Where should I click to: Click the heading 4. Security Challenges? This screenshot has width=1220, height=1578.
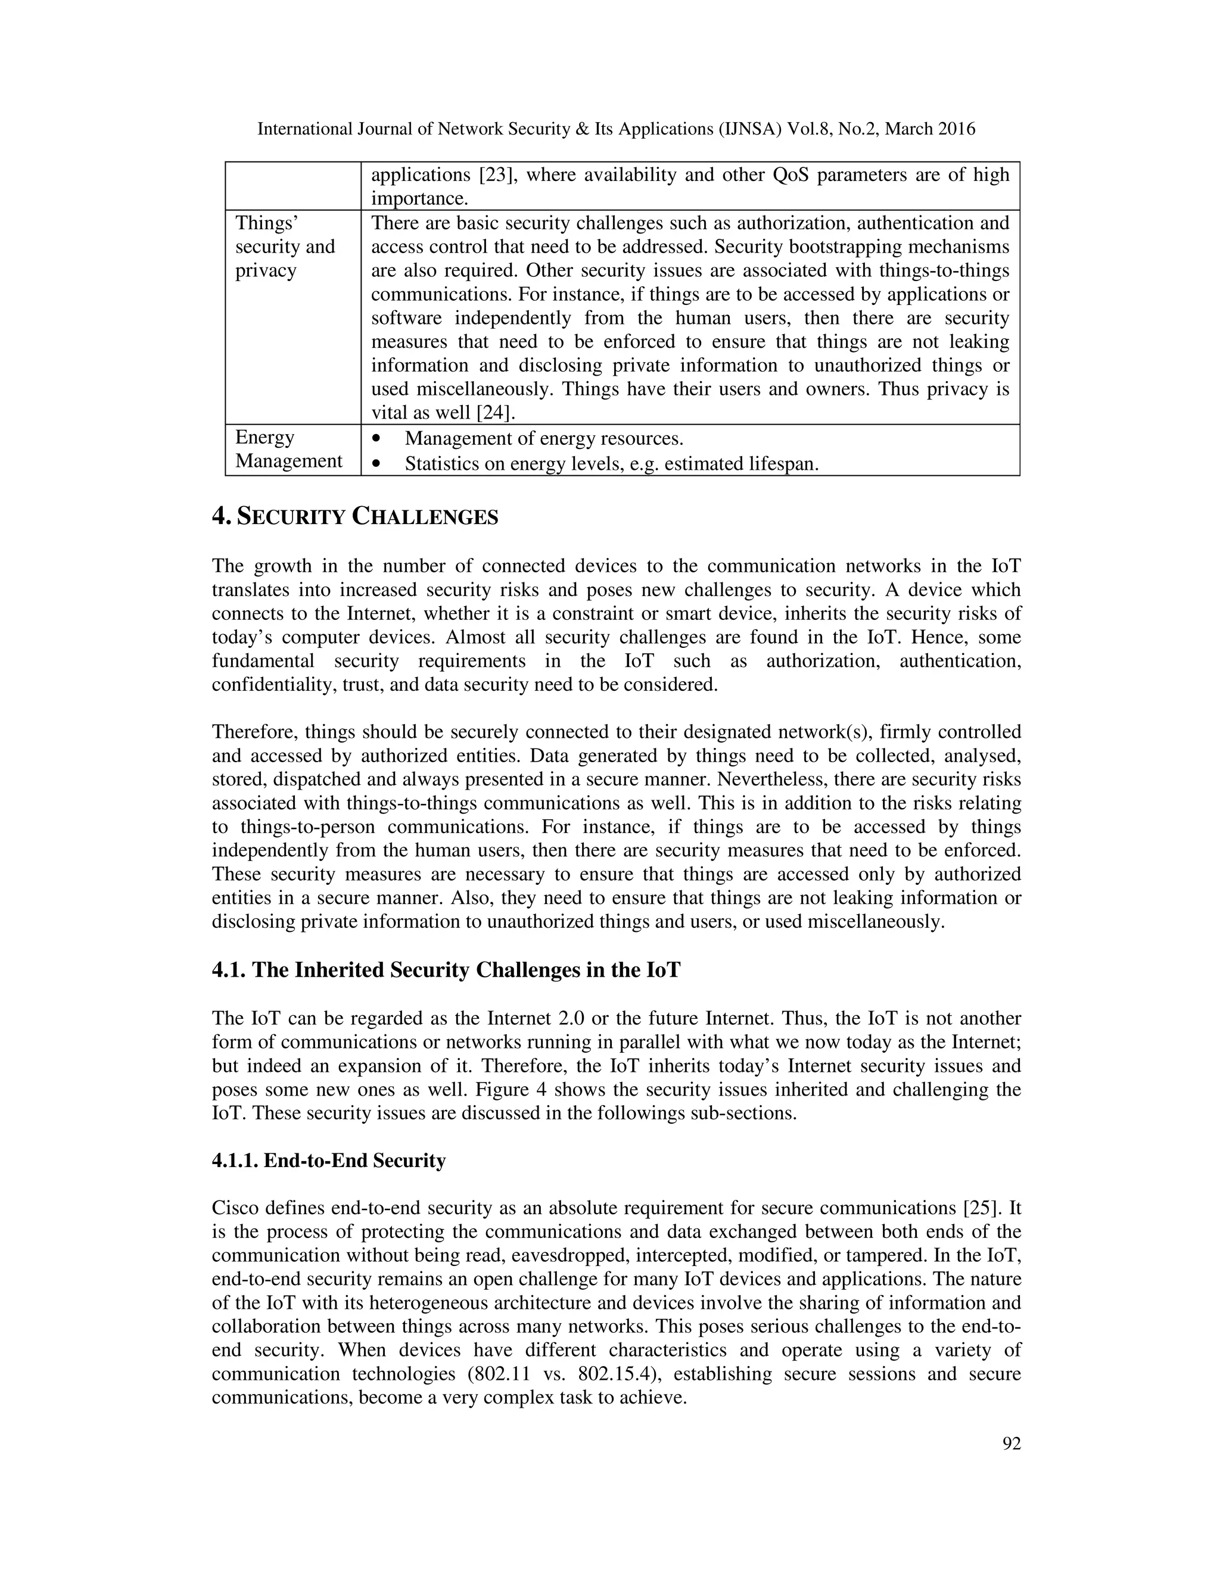[x=355, y=517]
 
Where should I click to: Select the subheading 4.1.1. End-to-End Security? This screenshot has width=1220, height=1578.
[x=329, y=1161]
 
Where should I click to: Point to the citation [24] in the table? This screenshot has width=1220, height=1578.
[x=496, y=413]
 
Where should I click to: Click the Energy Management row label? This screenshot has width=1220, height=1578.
[x=288, y=449]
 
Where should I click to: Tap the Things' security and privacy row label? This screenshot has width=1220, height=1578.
[x=285, y=247]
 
